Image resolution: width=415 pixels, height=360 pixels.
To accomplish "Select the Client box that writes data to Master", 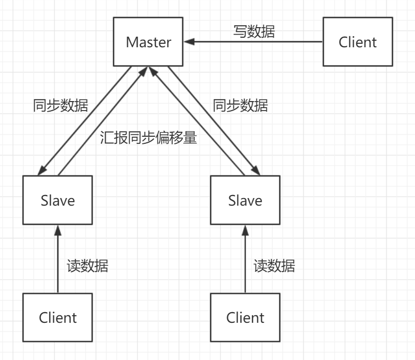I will pyautogui.click(x=358, y=42).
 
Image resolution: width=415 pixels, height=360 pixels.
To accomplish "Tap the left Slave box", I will pyautogui.click(x=57, y=201).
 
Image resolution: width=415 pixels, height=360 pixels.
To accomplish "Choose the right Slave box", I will pyautogui.click(x=245, y=201).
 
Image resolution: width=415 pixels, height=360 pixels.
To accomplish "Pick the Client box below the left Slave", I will pyautogui.click(x=57, y=317).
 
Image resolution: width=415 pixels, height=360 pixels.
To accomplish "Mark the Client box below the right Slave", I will pyautogui.click(x=245, y=317).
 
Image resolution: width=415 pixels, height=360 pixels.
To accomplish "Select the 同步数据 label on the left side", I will pyautogui.click(x=60, y=106).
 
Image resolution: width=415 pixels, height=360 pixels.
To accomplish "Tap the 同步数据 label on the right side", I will pyautogui.click(x=240, y=106).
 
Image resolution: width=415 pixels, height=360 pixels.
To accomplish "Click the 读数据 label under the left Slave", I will pyautogui.click(x=88, y=265).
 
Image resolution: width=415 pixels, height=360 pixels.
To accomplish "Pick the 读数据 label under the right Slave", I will pyautogui.click(x=274, y=265).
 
